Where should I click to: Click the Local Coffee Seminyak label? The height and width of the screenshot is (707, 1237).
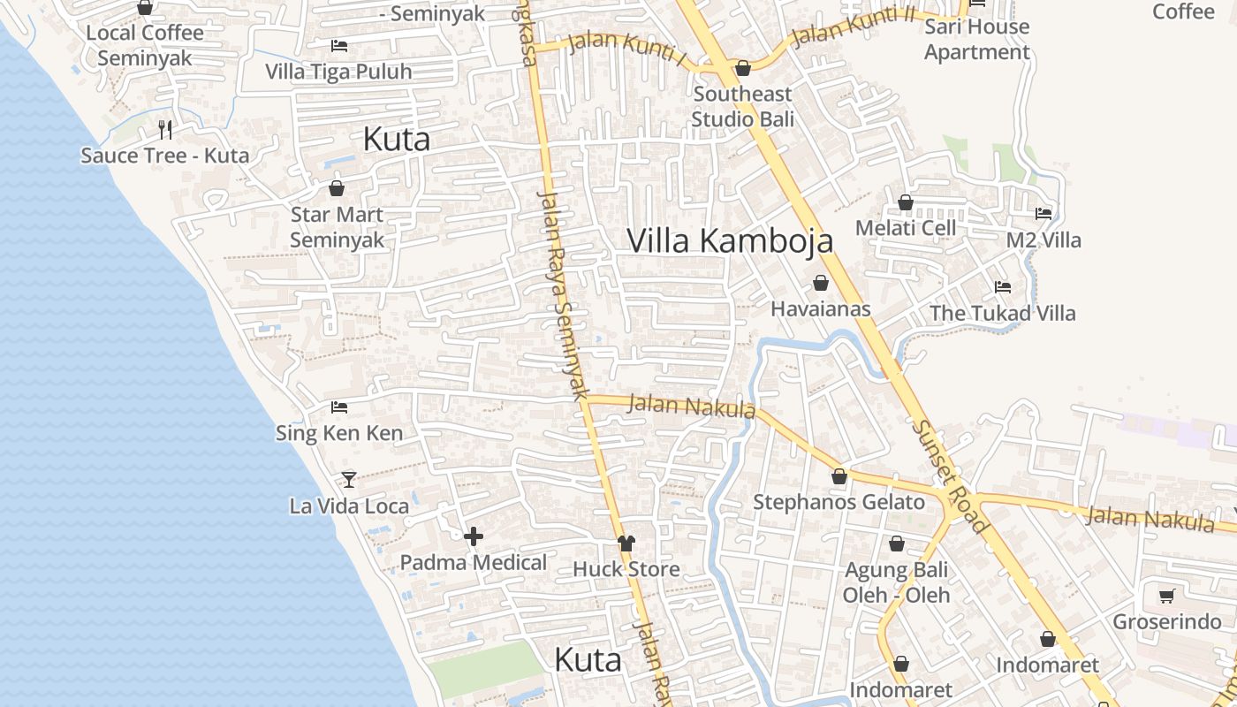click(x=145, y=46)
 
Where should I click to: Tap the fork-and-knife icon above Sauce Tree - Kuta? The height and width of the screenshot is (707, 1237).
click(x=165, y=130)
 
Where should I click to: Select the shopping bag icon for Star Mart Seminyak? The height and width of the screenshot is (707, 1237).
click(x=336, y=188)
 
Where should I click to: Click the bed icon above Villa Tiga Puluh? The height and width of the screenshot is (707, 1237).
click(x=339, y=46)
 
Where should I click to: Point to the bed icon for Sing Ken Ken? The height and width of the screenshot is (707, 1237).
click(x=339, y=407)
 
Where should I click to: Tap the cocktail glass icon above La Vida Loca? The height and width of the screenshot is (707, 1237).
click(x=349, y=480)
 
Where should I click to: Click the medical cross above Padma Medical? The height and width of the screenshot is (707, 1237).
click(x=474, y=536)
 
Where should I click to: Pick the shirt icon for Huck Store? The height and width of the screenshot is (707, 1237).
click(x=626, y=544)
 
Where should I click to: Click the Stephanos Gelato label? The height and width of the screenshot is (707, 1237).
click(x=839, y=502)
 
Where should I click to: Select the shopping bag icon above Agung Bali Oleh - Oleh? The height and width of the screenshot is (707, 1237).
click(x=897, y=544)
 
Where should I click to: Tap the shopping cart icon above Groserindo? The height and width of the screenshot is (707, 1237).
click(x=1166, y=596)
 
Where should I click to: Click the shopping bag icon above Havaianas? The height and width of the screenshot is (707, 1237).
click(x=821, y=283)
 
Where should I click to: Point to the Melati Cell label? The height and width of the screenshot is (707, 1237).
click(x=906, y=228)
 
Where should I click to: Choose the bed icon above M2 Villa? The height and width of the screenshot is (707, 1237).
click(x=1043, y=214)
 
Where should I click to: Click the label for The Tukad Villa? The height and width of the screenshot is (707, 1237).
click(x=1003, y=313)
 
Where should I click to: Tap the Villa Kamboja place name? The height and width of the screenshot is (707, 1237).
click(x=730, y=240)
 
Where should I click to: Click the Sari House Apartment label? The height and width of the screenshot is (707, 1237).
click(x=977, y=39)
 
